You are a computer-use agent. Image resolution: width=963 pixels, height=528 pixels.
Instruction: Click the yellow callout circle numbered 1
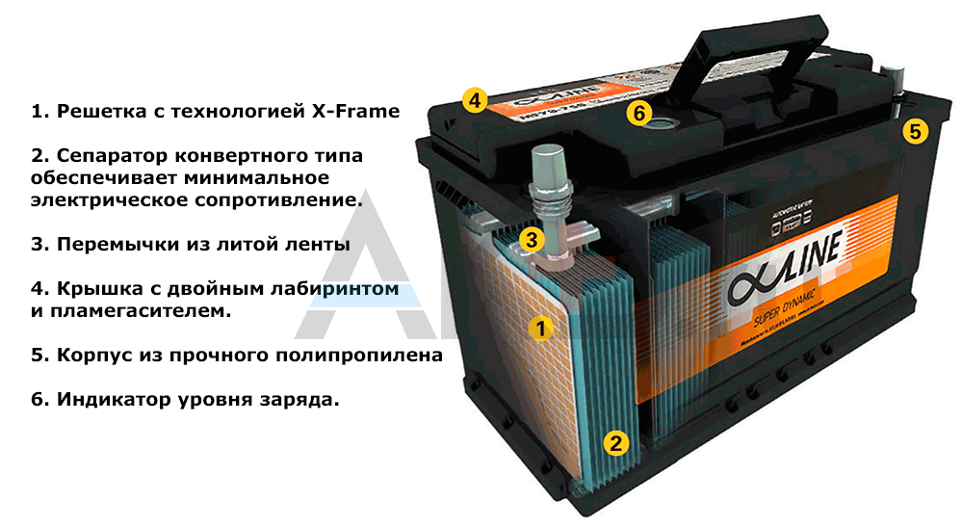(540, 329)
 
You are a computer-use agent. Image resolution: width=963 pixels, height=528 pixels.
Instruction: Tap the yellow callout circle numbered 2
(616, 443)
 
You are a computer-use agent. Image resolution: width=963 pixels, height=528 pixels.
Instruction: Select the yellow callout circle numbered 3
(533, 239)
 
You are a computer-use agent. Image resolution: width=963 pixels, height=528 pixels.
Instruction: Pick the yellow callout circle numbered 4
(474, 100)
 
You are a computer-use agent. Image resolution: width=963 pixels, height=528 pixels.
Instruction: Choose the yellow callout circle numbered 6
(638, 113)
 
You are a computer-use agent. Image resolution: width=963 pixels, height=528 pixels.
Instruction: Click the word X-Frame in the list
(354, 111)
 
